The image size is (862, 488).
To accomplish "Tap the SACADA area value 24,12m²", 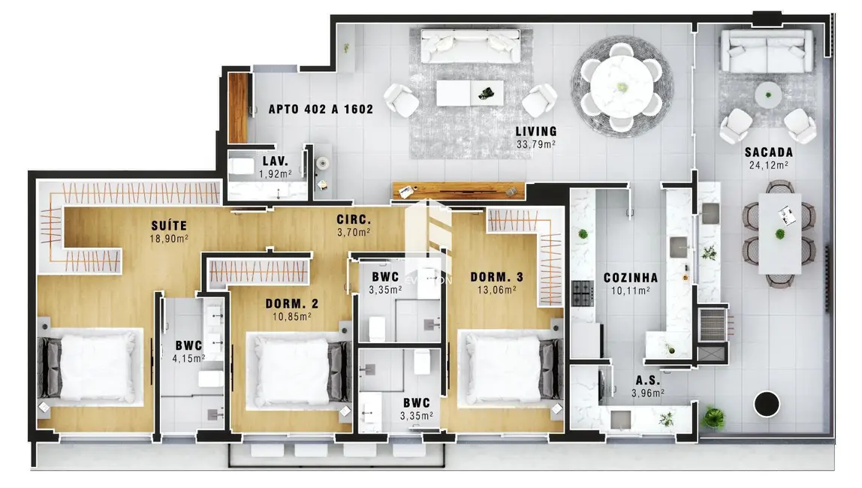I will pos(767,165).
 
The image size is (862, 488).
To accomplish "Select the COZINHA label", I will pos(630,278).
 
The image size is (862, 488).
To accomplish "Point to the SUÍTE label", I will pos(168,225).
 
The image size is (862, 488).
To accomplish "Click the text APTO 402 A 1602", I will pos(321,109).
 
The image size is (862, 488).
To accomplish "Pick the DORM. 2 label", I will pos(292,304).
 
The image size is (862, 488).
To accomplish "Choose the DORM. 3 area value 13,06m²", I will pos(496,291).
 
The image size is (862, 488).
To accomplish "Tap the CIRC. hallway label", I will pos(353,220).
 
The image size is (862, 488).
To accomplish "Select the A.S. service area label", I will pos(646,380).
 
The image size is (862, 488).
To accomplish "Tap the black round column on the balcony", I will pos(768,404).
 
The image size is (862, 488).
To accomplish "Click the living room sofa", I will pos(471,47).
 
